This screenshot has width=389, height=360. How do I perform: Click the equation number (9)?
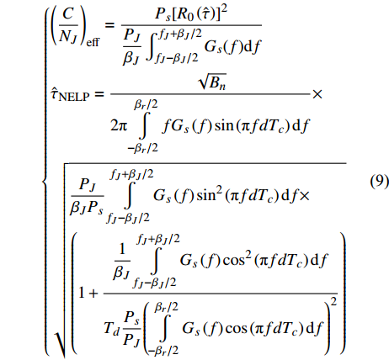[379, 182]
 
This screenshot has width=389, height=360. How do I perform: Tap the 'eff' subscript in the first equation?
[93, 43]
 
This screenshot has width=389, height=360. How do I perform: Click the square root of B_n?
[212, 81]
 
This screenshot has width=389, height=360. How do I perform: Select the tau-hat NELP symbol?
[70, 94]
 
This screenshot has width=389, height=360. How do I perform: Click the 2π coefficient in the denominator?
[119, 125]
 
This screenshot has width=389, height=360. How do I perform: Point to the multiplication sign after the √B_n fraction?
[317, 94]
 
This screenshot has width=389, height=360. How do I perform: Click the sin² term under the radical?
[209, 194]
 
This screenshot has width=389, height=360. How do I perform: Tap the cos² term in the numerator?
[237, 260]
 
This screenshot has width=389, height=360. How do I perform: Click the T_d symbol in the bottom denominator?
[112, 327]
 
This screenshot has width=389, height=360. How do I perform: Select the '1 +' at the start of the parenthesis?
[88, 294]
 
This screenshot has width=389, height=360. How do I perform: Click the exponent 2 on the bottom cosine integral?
[333, 302]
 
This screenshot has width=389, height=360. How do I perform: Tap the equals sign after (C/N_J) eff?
[109, 25]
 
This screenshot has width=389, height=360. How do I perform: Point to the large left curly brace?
[45, 179]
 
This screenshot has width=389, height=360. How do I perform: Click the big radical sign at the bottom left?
[60, 343]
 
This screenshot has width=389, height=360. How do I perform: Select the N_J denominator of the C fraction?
[68, 37]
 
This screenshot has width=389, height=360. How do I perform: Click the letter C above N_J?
[68, 13]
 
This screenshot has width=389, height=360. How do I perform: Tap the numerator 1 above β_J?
[122, 249]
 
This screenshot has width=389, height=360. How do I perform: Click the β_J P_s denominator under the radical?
[87, 209]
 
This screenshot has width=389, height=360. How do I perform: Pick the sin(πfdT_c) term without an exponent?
[252, 125]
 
